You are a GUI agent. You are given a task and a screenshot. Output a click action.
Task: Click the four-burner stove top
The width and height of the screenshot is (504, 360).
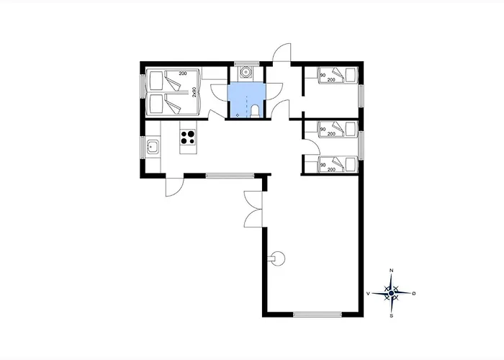click(x=188, y=138)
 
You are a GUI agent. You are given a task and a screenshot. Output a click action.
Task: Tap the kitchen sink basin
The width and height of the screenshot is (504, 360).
click(x=152, y=147)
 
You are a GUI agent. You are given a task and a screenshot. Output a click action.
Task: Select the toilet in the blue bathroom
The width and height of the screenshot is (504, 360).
click(x=255, y=111)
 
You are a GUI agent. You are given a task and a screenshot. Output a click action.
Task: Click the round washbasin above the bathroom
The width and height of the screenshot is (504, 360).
click(x=246, y=72)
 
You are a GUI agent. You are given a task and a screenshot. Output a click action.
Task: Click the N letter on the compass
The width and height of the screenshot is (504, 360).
click(x=391, y=270)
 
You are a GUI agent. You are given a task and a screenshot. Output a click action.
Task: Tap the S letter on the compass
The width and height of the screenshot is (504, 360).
click(x=391, y=315)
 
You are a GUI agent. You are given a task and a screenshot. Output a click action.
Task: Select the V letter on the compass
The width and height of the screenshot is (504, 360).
click(x=369, y=293)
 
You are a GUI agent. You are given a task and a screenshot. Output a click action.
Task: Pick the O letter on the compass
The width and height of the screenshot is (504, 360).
click(x=414, y=293)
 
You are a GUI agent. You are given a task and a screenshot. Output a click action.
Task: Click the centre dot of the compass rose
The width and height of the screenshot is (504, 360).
click(x=391, y=293)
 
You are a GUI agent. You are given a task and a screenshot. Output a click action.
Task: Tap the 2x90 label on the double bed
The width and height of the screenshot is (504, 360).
click(x=194, y=92)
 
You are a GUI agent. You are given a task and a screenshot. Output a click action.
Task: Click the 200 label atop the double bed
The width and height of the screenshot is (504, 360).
click(x=183, y=73)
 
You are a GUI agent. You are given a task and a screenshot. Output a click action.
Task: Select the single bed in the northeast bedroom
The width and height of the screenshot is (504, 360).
click(x=338, y=75)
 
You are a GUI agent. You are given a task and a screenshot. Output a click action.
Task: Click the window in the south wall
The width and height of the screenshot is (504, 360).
click(x=318, y=315)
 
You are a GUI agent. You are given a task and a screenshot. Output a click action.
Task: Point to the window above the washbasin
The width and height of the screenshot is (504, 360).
click(x=246, y=63)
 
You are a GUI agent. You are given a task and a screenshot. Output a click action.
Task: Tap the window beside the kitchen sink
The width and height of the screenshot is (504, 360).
click(x=142, y=147)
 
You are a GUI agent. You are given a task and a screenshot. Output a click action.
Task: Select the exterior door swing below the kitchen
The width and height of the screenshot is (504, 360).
click(x=174, y=186)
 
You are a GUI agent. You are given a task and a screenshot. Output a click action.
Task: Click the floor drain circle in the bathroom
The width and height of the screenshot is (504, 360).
click(x=238, y=114)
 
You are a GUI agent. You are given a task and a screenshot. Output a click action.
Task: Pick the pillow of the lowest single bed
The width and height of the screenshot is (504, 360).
click(x=351, y=164)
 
